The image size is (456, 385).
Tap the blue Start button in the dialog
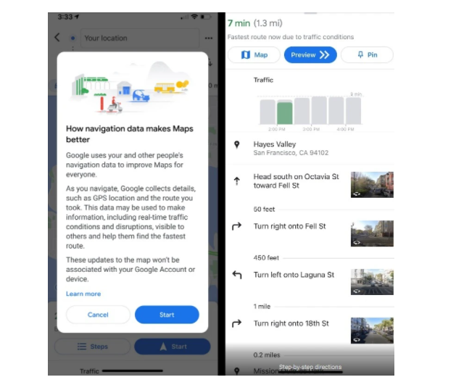[x=167, y=315]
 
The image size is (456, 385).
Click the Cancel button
[x=98, y=315]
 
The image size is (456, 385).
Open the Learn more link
[x=83, y=294]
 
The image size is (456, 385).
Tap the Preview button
[x=310, y=55]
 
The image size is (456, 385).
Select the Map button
[x=254, y=55]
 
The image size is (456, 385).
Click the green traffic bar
[x=285, y=112]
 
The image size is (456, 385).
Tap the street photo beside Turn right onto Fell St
[x=372, y=233]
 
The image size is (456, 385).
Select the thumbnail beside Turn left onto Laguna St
[x=372, y=281]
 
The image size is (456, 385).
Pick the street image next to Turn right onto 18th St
[x=372, y=330]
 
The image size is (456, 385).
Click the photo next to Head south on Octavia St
[x=372, y=185]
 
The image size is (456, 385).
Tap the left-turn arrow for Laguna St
[x=236, y=275]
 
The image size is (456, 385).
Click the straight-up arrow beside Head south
[x=236, y=181]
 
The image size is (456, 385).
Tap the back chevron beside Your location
[x=57, y=38]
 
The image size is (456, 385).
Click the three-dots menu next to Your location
[x=209, y=38]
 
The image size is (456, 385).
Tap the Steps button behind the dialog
[x=92, y=347]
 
